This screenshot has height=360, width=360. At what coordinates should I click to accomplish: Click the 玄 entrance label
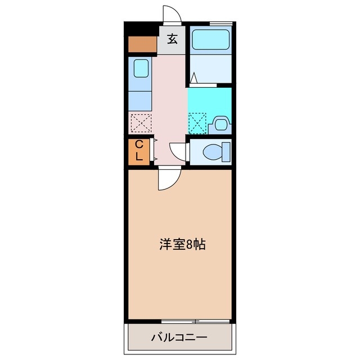(172, 39)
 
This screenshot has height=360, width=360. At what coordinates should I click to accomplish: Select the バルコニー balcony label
(179, 338)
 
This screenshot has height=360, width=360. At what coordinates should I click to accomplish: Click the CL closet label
(139, 151)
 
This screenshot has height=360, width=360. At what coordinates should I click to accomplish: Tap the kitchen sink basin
(141, 69)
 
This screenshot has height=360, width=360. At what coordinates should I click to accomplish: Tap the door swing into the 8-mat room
(169, 179)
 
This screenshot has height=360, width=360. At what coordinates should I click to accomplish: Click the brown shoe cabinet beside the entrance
(142, 44)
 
